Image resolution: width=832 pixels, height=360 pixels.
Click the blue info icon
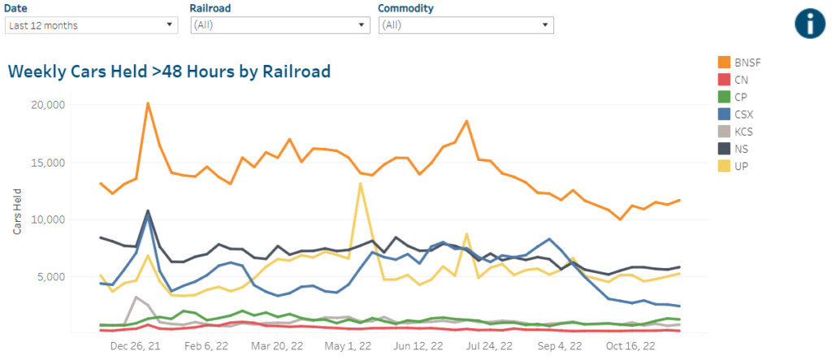(x=809, y=23)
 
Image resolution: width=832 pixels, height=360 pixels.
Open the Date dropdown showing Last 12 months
(x=91, y=25)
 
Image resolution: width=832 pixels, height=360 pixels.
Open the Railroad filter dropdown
(x=279, y=25)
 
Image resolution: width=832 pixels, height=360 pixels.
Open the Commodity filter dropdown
(x=466, y=25)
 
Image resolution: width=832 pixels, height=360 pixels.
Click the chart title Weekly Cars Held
(x=169, y=72)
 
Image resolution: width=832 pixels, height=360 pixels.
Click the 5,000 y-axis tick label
(x=71, y=276)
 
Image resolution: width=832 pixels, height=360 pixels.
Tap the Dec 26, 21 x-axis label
(x=135, y=345)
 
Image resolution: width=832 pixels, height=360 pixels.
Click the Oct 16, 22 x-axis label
(x=630, y=345)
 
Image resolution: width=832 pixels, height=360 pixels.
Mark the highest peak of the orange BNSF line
(x=148, y=103)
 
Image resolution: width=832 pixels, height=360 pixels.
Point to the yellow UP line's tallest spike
(x=360, y=183)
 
